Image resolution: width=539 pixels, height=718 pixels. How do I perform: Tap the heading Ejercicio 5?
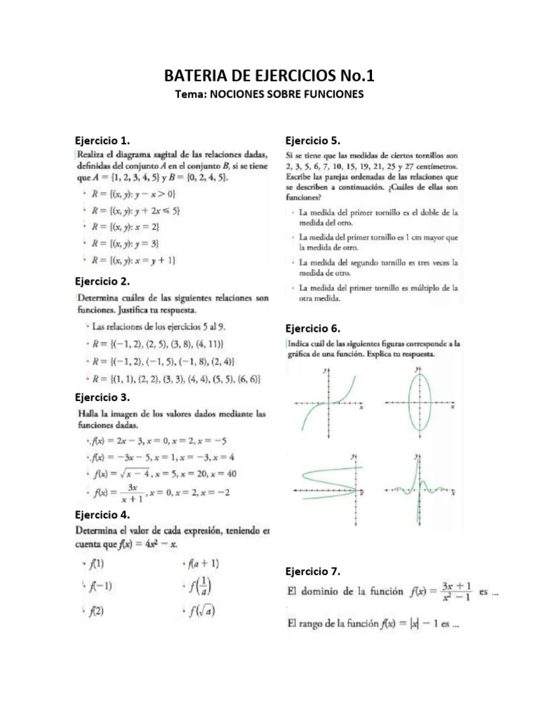[x=312, y=140]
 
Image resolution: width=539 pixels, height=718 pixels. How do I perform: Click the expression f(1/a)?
[x=201, y=587]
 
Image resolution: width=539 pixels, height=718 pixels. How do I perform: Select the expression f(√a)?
[x=202, y=611]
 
